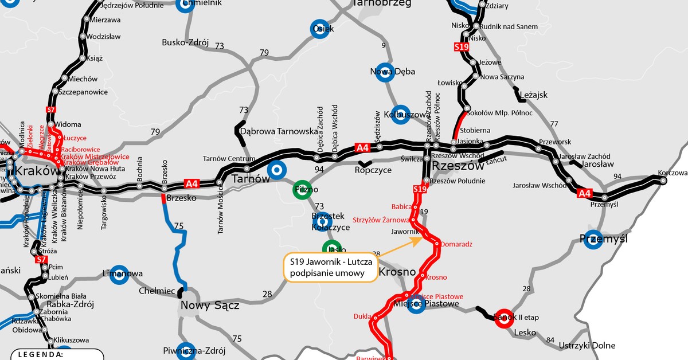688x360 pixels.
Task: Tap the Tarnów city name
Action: tap(250, 179)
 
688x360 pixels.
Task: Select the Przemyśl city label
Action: tap(604, 238)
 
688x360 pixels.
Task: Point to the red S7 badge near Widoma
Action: tap(50, 109)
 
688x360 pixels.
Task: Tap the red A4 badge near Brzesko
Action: tap(191, 184)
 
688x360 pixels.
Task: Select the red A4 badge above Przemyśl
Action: tap(584, 193)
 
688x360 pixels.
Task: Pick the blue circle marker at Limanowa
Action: tap(119, 274)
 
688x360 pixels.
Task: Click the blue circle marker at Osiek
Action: tap(320, 29)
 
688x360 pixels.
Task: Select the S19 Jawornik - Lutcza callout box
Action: tap(331, 267)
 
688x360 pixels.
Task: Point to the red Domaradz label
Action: tap(457, 244)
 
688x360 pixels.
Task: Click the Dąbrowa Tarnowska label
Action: tap(279, 131)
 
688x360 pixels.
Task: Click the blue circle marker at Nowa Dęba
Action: tap(386, 72)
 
